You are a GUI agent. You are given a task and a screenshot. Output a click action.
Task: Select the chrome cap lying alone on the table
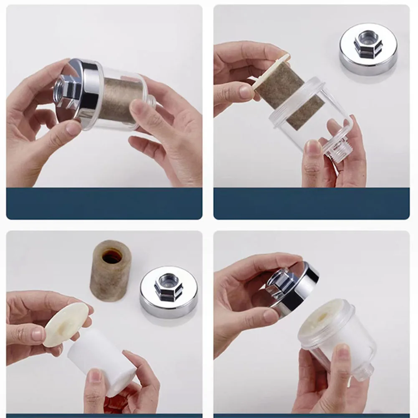368,49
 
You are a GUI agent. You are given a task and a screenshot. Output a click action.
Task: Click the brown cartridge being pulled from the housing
288,96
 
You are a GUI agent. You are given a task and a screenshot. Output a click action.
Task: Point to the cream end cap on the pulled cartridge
271,71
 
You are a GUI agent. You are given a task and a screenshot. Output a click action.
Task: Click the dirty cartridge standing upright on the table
111,271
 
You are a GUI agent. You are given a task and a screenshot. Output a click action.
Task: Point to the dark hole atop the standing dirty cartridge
112,255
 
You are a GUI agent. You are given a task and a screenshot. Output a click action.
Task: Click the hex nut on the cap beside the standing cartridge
168,286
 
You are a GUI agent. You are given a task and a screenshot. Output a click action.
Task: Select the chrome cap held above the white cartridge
292,286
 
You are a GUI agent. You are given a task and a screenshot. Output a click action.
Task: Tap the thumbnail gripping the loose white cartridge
96,376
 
